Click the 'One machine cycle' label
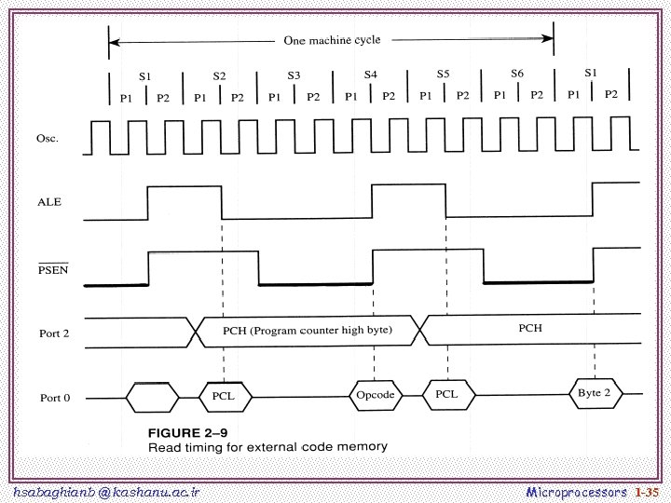click(332, 41)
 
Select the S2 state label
click(219, 75)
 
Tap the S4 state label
click(370, 73)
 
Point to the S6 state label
click(517, 72)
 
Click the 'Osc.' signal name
click(48, 139)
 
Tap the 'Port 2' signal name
click(54, 333)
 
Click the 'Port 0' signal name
click(54, 399)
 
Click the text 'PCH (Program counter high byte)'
click(308, 331)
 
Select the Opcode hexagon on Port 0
click(376, 396)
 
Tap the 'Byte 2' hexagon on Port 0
click(594, 393)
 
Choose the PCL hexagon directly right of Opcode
click(446, 394)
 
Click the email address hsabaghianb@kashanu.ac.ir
click(107, 491)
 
